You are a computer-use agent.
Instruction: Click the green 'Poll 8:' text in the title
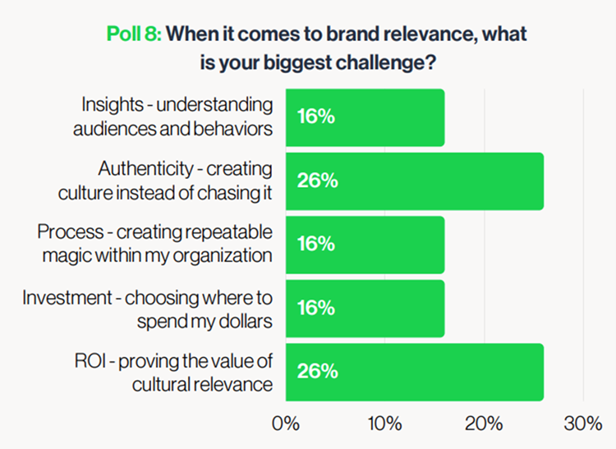134,34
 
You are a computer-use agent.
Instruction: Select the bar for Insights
365,117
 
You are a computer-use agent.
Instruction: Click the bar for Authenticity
415,181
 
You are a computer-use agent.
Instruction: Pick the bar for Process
365,245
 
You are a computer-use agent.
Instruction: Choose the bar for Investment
365,309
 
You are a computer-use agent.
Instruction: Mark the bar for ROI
415,372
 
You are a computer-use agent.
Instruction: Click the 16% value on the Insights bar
316,117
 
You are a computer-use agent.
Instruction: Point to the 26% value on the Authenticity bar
317,181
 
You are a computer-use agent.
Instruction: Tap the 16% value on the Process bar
316,244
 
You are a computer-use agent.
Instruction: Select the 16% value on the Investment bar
316,307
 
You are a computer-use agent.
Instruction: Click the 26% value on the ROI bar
317,371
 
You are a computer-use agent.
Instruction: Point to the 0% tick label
286,424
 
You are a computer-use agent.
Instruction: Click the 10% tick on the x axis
384,424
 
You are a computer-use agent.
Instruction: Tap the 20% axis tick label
484,424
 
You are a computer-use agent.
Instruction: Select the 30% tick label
583,424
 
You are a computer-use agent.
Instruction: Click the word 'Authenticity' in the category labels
145,169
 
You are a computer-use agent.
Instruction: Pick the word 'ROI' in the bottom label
90,360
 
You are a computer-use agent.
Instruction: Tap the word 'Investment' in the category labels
67,297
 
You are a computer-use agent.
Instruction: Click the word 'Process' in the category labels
71,231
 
